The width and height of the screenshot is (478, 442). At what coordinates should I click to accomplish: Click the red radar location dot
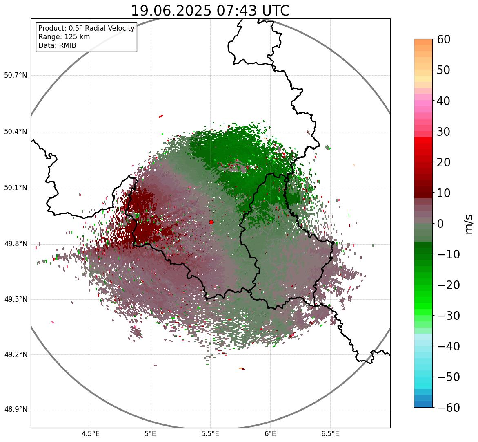(211, 222)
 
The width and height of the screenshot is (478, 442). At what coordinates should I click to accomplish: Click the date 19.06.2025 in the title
(170, 11)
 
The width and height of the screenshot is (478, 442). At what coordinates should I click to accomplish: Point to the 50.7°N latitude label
(16, 75)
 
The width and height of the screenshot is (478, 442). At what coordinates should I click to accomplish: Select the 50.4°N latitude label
(16, 132)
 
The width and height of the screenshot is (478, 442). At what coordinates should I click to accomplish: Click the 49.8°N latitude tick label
(16, 244)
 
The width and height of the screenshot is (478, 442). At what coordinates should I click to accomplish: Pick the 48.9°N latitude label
(16, 410)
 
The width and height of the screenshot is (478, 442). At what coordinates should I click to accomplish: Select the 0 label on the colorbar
(440, 224)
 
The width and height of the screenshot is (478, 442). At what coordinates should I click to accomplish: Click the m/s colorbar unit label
(469, 224)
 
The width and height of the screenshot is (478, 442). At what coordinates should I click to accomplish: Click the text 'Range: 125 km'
(64, 37)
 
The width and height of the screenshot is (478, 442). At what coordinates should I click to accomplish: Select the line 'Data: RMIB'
(57, 45)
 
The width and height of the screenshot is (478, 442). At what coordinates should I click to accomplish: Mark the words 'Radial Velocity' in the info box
(110, 28)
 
